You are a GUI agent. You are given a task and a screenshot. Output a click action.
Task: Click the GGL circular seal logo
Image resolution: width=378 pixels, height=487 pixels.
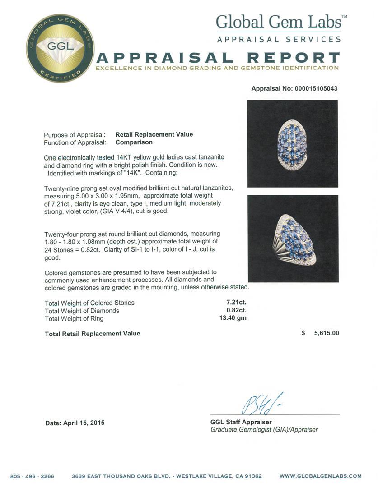(60, 48)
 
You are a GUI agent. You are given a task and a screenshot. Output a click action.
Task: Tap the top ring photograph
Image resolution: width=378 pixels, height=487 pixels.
(292, 143)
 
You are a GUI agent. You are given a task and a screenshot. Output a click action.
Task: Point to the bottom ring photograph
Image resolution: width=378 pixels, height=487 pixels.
(293, 239)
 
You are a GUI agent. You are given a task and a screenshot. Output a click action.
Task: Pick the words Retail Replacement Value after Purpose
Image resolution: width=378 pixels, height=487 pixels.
(154, 134)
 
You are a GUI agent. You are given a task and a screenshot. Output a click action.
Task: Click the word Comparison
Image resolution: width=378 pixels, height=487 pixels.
(134, 142)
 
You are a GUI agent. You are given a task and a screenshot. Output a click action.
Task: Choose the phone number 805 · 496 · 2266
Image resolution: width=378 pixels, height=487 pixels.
(32, 476)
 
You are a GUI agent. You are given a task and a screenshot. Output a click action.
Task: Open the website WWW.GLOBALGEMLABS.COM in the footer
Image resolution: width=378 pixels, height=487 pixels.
(320, 476)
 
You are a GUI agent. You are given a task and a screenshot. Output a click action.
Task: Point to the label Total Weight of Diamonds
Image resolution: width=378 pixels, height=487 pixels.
(82, 311)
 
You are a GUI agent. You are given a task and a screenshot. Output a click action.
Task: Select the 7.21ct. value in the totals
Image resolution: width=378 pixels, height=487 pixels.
(236, 303)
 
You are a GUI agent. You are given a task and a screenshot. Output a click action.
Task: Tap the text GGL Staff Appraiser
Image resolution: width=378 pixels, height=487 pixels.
(241, 422)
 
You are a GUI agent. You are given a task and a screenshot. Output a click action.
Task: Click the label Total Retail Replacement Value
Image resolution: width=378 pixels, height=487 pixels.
(93, 334)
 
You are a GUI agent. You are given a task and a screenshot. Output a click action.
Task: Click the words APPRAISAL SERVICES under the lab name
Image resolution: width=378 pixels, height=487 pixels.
(279, 40)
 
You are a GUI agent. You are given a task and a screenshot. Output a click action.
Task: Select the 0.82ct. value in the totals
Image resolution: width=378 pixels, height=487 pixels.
(236, 311)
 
